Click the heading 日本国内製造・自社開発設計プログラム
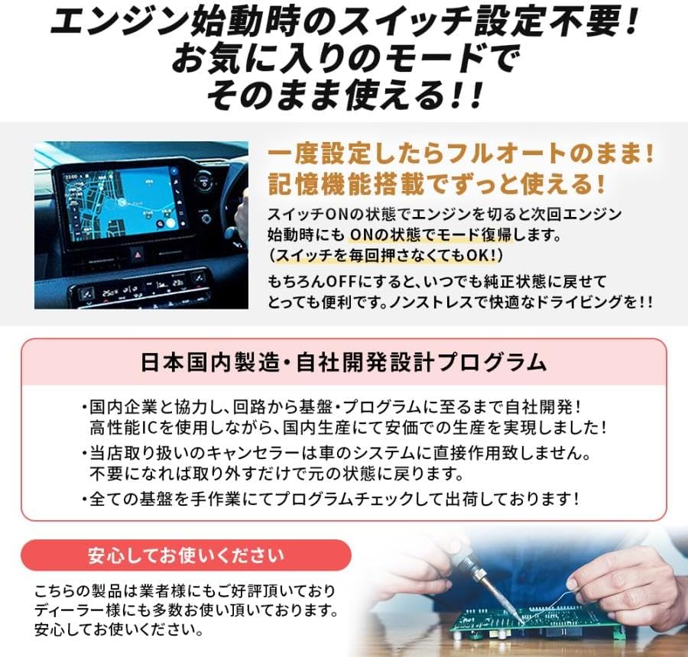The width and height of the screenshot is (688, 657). coord(344,361)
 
